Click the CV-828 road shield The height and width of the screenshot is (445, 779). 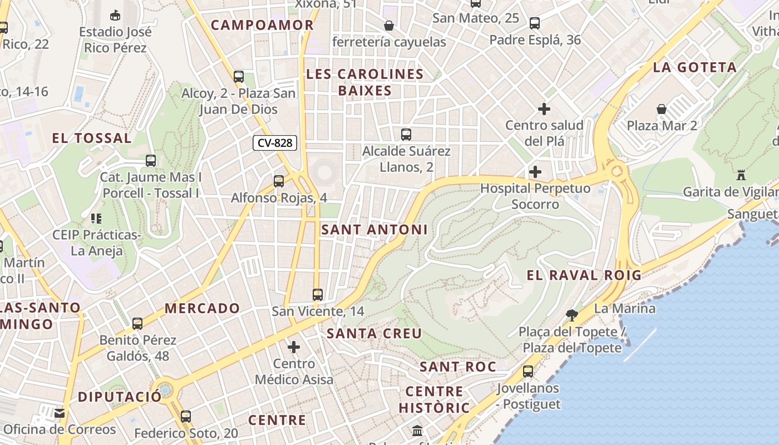click(x=275, y=143)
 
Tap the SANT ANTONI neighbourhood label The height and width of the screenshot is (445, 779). click(x=374, y=229)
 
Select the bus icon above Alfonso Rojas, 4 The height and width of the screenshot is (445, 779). click(x=279, y=181)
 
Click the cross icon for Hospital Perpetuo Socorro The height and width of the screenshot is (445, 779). click(x=535, y=172)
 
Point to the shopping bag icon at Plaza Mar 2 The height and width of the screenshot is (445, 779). click(x=662, y=108)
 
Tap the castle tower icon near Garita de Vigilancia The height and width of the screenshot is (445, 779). click(x=741, y=175)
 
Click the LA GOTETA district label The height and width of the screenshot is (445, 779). click(x=694, y=67)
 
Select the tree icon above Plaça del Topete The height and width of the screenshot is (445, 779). click(x=571, y=315)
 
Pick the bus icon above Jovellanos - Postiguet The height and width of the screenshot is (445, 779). click(x=528, y=371)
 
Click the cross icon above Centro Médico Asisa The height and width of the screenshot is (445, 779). click(x=294, y=348)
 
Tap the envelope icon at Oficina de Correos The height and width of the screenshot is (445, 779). click(x=60, y=413)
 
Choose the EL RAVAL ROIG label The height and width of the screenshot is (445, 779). click(x=584, y=275)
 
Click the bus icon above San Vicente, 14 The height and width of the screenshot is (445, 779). click(x=318, y=295)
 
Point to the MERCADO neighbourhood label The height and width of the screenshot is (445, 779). click(x=203, y=308)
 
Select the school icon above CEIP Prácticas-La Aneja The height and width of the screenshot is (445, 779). click(x=96, y=219)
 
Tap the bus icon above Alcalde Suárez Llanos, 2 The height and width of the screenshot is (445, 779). click(x=406, y=134)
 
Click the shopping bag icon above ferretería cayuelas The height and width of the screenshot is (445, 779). click(x=389, y=26)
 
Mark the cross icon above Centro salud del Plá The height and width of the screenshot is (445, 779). click(x=544, y=109)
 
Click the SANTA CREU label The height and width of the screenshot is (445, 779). click(x=374, y=333)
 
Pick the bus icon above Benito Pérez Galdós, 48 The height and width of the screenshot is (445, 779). click(x=137, y=323)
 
